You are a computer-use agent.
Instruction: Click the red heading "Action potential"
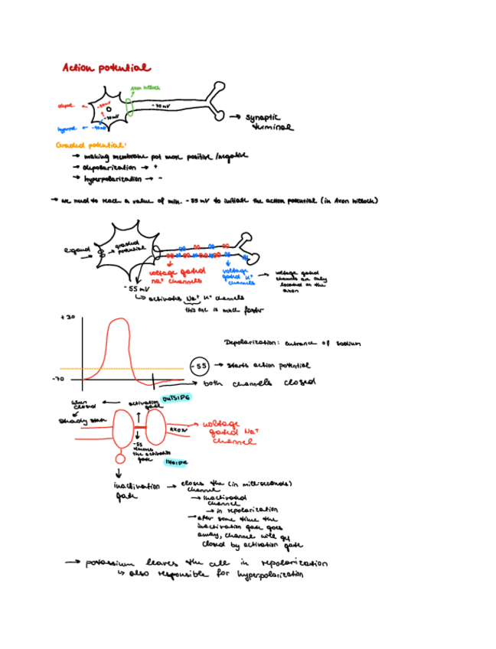106,68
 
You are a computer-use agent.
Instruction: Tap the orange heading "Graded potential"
90,144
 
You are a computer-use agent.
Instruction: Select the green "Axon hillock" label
145,88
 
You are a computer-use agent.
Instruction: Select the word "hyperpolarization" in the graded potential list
114,178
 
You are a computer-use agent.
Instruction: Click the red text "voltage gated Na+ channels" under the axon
173,276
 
